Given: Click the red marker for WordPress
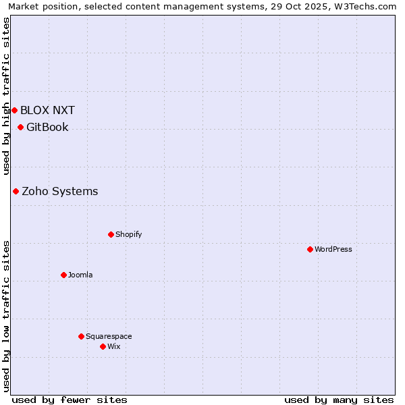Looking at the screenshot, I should tap(310, 249).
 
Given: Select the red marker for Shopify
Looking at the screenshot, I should tap(111, 234).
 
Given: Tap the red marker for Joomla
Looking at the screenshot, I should tap(63, 275).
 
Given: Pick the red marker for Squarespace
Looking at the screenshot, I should tap(81, 336).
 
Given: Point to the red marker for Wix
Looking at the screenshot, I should tap(103, 346).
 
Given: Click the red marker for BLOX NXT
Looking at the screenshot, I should tap(14, 110).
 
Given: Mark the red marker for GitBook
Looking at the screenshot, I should tap(20, 127).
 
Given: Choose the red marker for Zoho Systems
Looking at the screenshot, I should tap(16, 191).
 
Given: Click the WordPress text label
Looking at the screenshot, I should tap(333, 249).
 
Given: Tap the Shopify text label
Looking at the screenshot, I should tap(129, 234).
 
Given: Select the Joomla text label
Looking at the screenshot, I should tap(80, 275).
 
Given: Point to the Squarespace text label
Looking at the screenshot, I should tap(109, 336).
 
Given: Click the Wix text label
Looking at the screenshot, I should tap(114, 346).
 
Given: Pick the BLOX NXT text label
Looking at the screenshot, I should tap(47, 110).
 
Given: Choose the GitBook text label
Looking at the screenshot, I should tap(47, 127).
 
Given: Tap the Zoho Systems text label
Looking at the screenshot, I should tap(60, 191).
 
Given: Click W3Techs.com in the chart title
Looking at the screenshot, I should tap(369, 6).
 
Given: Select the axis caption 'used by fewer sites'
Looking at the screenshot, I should tap(70, 400).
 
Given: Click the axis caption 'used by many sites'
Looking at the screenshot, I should tap(339, 400).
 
